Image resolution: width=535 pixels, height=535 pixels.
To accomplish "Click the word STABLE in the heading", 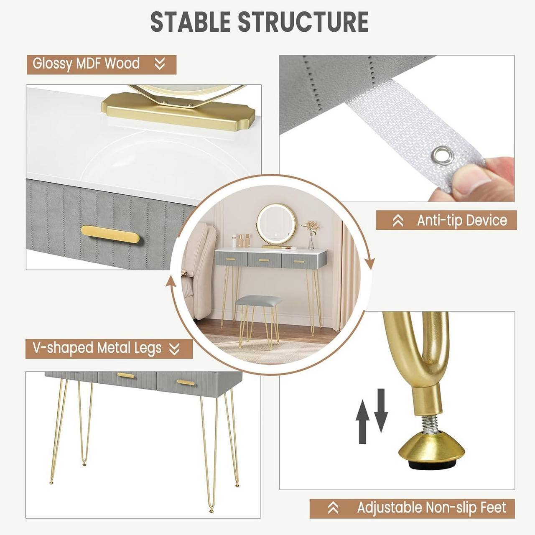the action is [190, 22].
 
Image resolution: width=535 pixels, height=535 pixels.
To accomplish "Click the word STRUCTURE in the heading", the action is [303, 22].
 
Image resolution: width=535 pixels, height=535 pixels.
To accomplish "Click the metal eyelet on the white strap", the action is [443, 155].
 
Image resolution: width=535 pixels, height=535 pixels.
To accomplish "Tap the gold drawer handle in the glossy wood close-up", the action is [110, 234].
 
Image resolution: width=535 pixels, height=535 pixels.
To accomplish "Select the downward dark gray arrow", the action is [381, 410].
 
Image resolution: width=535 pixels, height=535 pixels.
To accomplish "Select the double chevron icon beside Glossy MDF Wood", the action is [160, 64].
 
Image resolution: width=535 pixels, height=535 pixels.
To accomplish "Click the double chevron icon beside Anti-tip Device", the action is [398, 220].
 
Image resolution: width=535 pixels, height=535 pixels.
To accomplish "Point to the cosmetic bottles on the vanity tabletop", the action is [241, 241].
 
